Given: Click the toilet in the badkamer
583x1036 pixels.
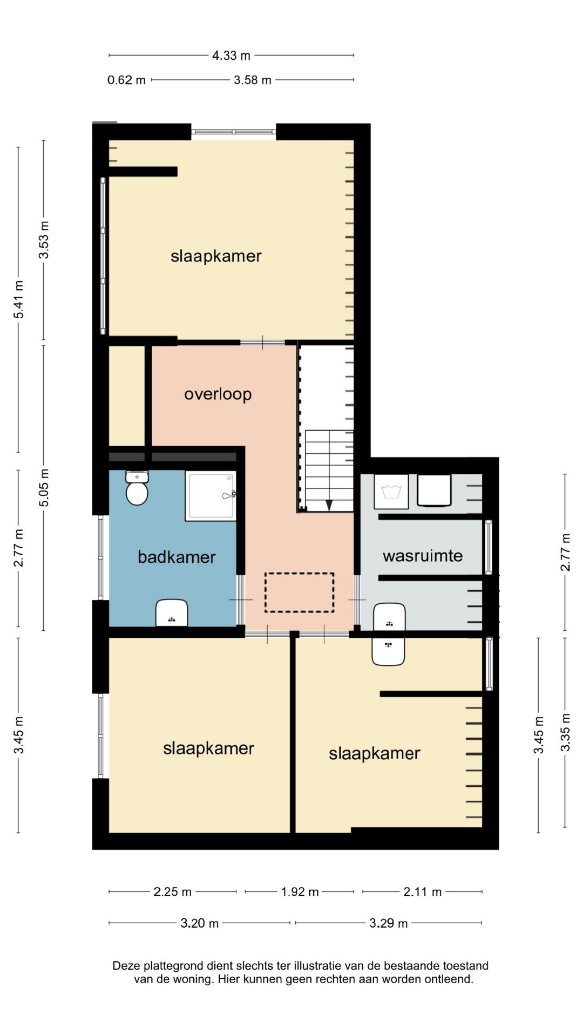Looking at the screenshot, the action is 137,488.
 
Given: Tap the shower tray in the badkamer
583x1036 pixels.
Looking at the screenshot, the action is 211,496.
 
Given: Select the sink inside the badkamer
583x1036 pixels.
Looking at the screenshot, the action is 172,613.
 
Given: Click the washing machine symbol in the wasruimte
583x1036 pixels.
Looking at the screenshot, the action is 391,491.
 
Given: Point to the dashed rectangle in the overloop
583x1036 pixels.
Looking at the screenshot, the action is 299,592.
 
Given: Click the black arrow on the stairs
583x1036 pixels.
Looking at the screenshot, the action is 329,506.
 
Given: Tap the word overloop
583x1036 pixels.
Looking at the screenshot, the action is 218,394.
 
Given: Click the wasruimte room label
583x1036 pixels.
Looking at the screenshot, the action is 423,556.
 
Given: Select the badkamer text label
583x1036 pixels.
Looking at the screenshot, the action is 177,557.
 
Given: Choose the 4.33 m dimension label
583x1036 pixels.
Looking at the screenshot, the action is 231,55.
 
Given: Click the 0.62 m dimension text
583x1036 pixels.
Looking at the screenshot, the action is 126,80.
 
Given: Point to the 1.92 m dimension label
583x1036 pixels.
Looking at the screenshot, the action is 300,892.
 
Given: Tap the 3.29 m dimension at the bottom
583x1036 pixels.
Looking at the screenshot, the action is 389,923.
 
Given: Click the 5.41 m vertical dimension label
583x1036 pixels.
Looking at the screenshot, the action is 19,299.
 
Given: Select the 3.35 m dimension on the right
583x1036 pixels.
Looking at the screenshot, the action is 565,732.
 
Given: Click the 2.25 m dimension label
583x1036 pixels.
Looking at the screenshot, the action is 173,892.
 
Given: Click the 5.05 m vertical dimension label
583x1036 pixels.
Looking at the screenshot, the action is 44,487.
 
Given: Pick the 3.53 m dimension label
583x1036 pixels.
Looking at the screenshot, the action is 44,240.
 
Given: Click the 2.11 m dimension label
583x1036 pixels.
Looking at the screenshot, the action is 423,892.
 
